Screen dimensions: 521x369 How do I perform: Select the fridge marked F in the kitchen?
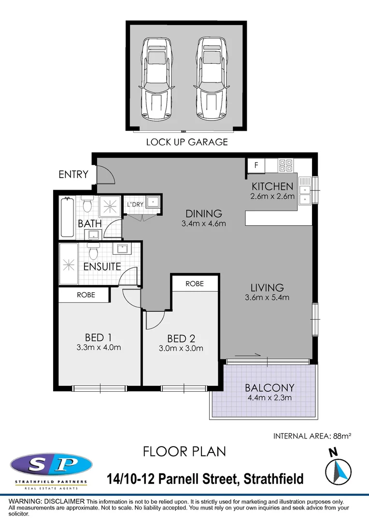(256, 165)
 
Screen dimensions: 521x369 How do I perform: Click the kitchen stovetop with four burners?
(286, 165)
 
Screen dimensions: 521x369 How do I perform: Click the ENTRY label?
(73, 175)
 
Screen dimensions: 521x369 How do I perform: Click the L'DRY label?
(135, 205)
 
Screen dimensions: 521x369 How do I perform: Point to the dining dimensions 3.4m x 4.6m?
(204, 223)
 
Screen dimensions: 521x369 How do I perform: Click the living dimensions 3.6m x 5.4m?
(267, 298)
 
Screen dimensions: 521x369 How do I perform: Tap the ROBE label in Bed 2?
(195, 284)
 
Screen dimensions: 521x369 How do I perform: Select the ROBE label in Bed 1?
(86, 295)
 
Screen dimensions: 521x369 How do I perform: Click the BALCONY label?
(269, 387)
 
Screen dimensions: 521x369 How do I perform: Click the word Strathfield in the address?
(274, 480)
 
